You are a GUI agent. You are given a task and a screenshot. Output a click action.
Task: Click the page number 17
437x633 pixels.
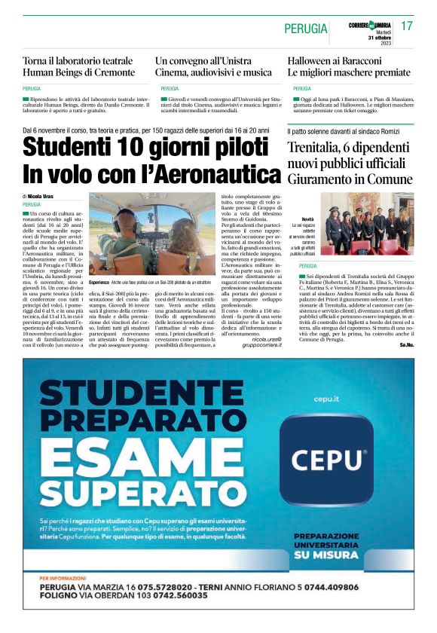(408, 26)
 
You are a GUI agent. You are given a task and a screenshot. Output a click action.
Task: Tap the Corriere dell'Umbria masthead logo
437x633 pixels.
(370, 26)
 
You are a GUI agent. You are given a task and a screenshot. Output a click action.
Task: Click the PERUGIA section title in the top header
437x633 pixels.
(306, 29)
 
